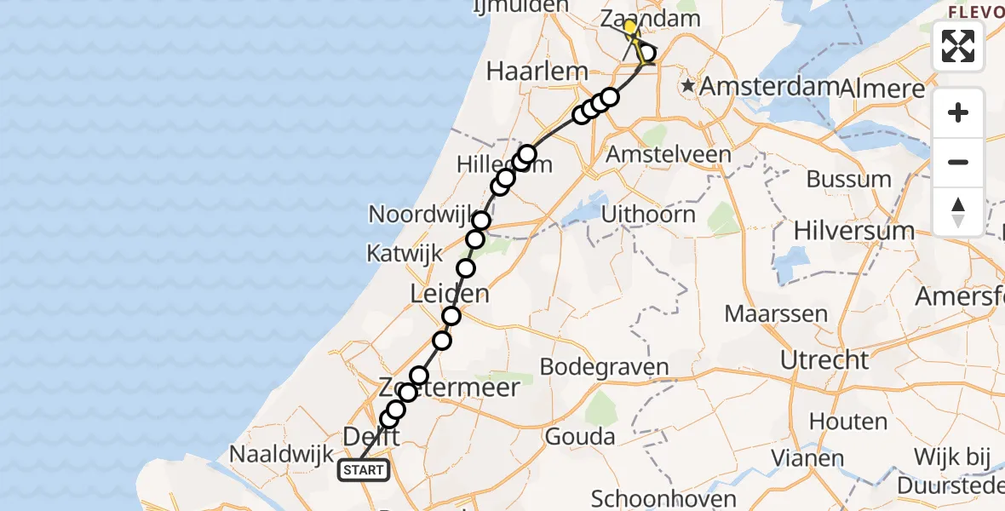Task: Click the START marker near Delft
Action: click(364, 469)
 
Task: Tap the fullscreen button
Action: click(958, 46)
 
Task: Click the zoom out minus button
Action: click(958, 162)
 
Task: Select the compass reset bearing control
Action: click(958, 211)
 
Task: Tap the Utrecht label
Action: click(824, 359)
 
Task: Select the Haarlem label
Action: click(537, 72)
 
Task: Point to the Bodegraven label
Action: click(605, 367)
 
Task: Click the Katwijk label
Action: click(405, 252)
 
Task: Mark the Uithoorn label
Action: click(648, 214)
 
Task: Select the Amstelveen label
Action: click(668, 155)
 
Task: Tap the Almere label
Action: click(882, 89)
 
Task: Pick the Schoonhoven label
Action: click(652, 498)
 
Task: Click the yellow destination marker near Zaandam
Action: click(629, 26)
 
